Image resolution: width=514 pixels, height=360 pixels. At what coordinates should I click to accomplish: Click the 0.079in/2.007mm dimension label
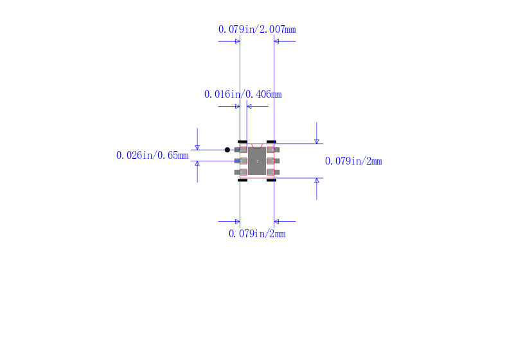(x=257, y=29)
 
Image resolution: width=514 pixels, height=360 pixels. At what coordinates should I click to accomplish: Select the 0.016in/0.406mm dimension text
(x=243, y=94)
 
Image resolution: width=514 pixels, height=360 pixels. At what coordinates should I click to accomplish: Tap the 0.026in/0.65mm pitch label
(x=152, y=155)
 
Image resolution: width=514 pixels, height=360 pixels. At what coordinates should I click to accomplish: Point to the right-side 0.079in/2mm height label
(x=353, y=161)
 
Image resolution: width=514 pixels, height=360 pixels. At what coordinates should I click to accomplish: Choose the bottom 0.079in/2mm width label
(x=257, y=234)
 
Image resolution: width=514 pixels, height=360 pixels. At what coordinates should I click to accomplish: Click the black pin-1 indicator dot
(x=227, y=150)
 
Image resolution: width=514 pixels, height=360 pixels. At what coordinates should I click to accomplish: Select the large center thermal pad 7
(x=257, y=161)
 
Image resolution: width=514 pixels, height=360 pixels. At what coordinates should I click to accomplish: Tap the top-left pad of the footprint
(x=240, y=150)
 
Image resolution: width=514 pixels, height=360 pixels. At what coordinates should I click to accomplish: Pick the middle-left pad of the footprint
(x=240, y=161)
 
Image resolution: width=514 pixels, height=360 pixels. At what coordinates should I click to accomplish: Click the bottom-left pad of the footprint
(x=240, y=172)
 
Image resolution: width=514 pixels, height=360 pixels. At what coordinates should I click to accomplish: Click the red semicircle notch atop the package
(x=257, y=146)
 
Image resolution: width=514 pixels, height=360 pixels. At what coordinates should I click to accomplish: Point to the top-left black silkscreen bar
(x=242, y=141)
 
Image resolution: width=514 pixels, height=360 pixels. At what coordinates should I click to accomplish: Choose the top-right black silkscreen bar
(x=271, y=141)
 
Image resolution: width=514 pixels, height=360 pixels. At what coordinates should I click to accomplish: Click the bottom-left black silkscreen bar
(x=242, y=181)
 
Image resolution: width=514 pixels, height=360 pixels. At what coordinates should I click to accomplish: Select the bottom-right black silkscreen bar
(x=271, y=181)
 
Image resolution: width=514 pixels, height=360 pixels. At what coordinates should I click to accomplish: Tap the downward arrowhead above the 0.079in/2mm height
(x=316, y=141)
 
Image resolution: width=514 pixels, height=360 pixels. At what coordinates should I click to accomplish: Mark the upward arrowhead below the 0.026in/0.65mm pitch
(x=197, y=164)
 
